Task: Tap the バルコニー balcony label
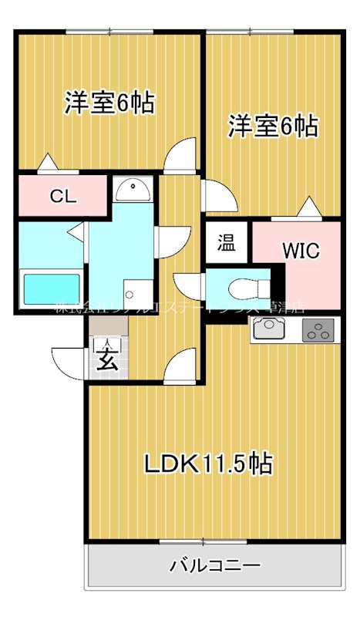pos(215,566)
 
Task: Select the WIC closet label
pos(299,250)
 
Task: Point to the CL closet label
pos(63,196)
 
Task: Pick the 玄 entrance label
pos(107,358)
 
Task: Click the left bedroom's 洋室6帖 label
pos(109,102)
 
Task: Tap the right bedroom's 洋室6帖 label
pos(273,125)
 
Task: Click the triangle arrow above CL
pos(47,162)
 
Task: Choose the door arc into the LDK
pos(183,364)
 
